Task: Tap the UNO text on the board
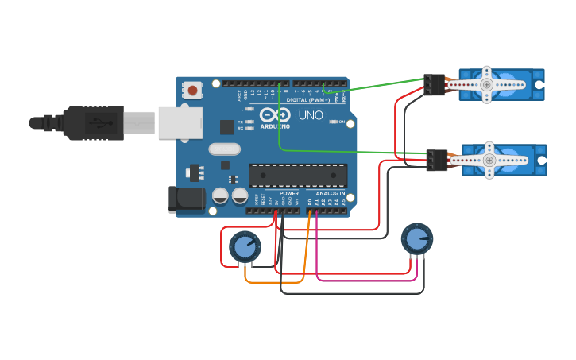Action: (311, 115)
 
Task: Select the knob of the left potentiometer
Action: (245, 247)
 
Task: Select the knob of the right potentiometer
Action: (416, 238)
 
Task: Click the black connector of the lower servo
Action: (436, 160)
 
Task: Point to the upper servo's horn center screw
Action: (486, 83)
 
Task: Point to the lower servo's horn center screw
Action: (489, 160)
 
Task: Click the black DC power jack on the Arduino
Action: (187, 199)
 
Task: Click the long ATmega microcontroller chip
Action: (298, 176)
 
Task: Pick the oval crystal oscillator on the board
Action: (224, 149)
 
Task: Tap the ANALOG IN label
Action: (331, 193)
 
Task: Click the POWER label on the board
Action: (289, 193)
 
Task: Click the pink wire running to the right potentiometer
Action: (365, 280)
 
